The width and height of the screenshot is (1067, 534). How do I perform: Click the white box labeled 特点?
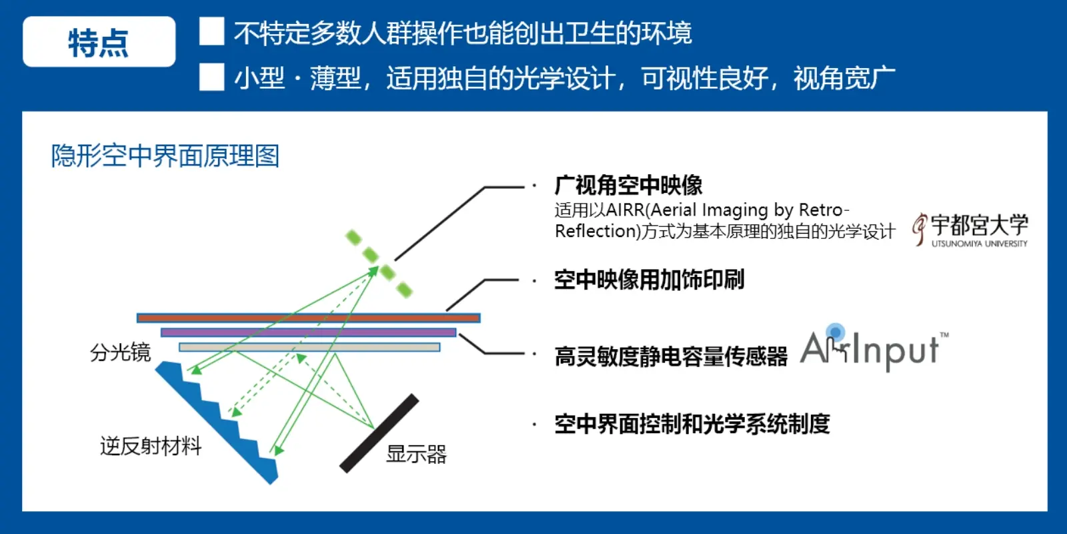click(99, 41)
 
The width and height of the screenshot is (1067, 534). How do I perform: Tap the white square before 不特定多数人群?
click(211, 31)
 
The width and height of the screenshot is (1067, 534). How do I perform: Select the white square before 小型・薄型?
click(211, 77)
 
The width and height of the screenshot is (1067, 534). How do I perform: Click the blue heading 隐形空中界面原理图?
click(165, 156)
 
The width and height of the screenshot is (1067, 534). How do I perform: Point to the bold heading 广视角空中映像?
click(628, 186)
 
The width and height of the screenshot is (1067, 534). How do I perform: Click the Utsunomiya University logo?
click(970, 230)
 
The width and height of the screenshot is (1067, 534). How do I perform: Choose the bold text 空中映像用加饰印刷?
click(650, 280)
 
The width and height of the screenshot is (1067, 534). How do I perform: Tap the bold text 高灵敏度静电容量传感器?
click(671, 356)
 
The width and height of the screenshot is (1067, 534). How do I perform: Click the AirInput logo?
click(874, 348)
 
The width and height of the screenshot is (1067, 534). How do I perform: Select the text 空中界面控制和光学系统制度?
click(692, 424)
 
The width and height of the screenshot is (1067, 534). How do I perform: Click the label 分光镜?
click(121, 353)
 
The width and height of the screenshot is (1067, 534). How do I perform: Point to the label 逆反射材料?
click(151, 447)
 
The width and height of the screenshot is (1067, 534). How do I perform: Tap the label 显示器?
click(416, 455)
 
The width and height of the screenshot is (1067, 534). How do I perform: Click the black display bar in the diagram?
click(379, 433)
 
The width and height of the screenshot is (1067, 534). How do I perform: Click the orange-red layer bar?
click(309, 318)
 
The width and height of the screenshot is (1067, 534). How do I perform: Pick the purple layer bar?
click(309, 332)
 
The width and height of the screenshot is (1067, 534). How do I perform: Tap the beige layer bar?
click(309, 347)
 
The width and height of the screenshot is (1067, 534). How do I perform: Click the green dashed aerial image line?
click(379, 264)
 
